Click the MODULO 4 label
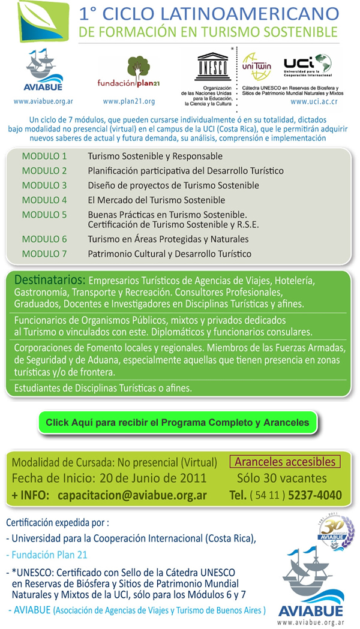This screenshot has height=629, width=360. (44, 200)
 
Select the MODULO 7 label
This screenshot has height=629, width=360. (44, 254)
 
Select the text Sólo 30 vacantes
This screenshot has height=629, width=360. (281, 478)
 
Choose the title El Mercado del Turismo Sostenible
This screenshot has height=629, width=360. (156, 200)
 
